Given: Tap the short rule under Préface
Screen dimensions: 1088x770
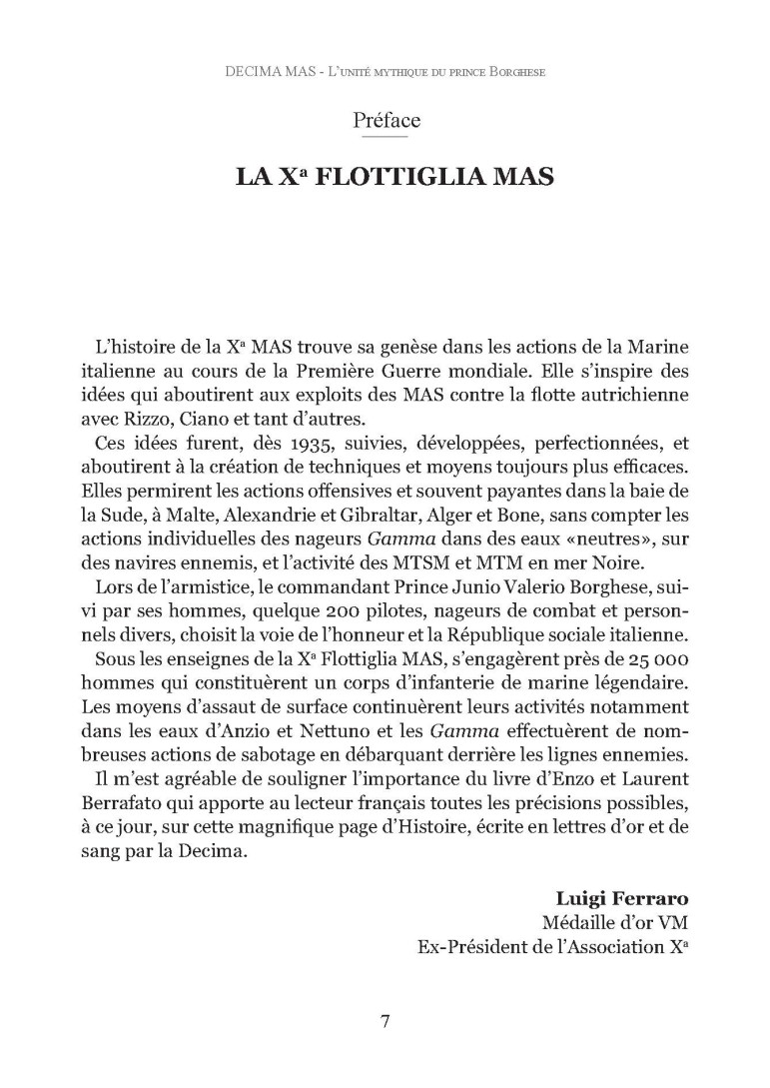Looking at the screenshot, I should click(385, 138).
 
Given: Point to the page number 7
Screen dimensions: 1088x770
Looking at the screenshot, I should click(385, 1020).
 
